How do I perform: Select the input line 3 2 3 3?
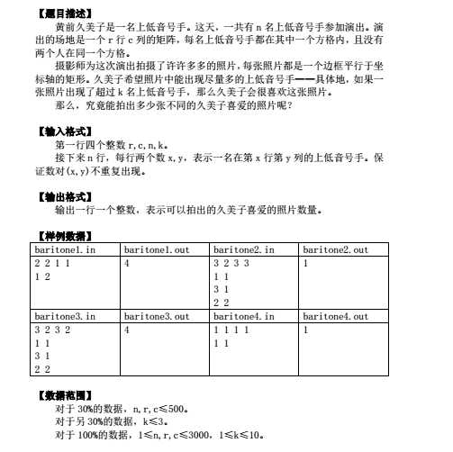[x=231, y=263]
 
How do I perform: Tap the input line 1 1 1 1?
[x=231, y=330]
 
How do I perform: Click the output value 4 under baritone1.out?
[x=128, y=263]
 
